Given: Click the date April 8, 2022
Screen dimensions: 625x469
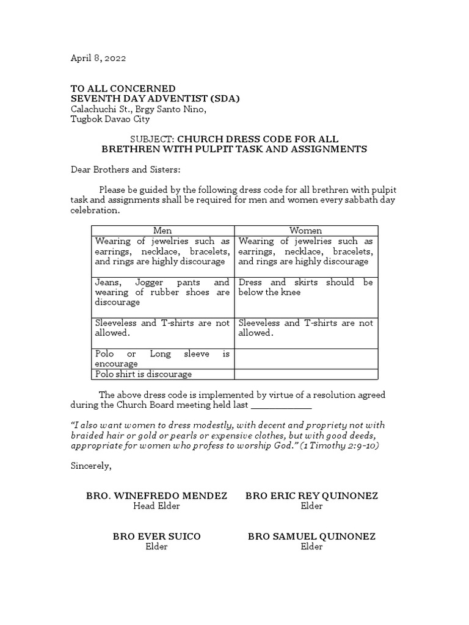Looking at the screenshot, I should click(x=98, y=58).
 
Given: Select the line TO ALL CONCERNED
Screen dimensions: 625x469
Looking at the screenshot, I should click(x=123, y=89).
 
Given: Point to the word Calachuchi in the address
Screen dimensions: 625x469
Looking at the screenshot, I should click(x=95, y=109).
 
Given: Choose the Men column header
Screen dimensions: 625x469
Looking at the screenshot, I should click(x=162, y=231).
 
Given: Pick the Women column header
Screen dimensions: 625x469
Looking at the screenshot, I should click(x=305, y=231).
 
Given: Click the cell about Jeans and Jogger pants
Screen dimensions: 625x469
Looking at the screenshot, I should click(x=162, y=292).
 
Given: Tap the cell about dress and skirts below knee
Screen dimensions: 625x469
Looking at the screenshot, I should click(x=305, y=287).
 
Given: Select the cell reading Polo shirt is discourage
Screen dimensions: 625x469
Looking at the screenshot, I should click(x=144, y=374).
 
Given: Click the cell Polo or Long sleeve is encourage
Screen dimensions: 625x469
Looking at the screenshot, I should click(x=162, y=359).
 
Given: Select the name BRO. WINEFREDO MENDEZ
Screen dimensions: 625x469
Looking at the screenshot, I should click(x=156, y=496).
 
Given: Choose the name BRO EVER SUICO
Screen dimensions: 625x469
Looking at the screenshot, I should click(x=156, y=536).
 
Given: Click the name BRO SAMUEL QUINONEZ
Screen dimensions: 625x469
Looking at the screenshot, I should click(x=311, y=536).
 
